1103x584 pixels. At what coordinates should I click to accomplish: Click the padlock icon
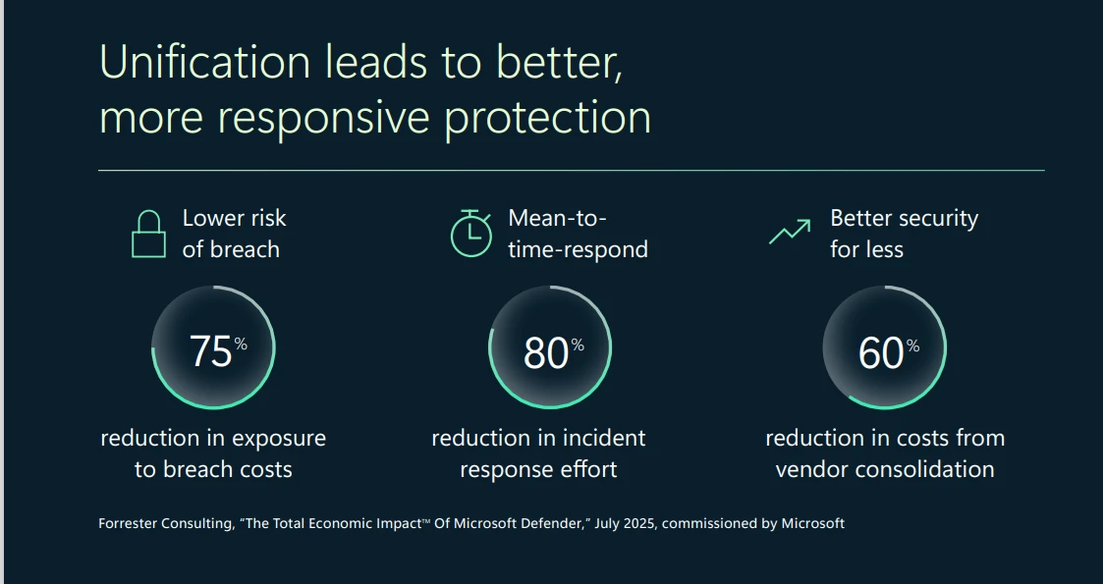click(x=148, y=235)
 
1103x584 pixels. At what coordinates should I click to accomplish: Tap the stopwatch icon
click(x=470, y=233)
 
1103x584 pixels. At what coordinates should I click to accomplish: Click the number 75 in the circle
click(x=210, y=351)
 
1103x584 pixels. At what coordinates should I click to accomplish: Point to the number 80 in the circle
click(x=545, y=352)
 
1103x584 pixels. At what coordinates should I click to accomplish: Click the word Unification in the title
click(x=205, y=62)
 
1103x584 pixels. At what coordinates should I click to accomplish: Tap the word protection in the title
click(x=547, y=118)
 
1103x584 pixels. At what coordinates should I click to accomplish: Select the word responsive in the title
click(x=323, y=118)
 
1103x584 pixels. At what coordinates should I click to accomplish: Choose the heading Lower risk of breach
click(x=234, y=234)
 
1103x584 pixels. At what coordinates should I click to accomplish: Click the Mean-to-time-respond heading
click(x=578, y=234)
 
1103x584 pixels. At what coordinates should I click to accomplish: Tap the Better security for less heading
click(x=904, y=234)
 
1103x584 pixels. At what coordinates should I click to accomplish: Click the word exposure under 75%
click(x=277, y=438)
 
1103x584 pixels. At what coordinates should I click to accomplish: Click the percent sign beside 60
click(x=912, y=345)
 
